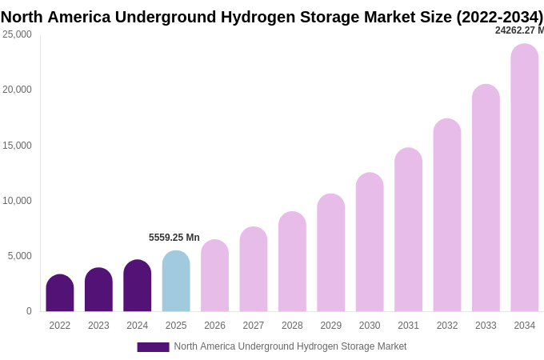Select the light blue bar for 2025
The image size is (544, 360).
176,282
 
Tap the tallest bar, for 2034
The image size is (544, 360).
525,178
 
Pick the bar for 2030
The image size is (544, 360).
370,242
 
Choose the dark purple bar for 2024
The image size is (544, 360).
138,286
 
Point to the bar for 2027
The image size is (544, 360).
254,270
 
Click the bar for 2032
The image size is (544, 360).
447,215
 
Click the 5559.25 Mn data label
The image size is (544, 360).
174,238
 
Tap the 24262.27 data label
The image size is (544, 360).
518,30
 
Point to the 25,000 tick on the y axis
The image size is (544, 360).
17,34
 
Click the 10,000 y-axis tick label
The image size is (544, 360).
17,201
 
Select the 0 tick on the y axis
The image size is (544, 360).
29,311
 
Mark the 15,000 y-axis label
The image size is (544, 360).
17,146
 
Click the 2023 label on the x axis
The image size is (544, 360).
98,326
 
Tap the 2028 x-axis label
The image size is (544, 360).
292,326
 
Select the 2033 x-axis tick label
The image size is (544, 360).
486,326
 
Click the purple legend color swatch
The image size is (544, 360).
153,347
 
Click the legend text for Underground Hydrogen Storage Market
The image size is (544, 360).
290,346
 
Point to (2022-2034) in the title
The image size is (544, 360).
499,17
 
